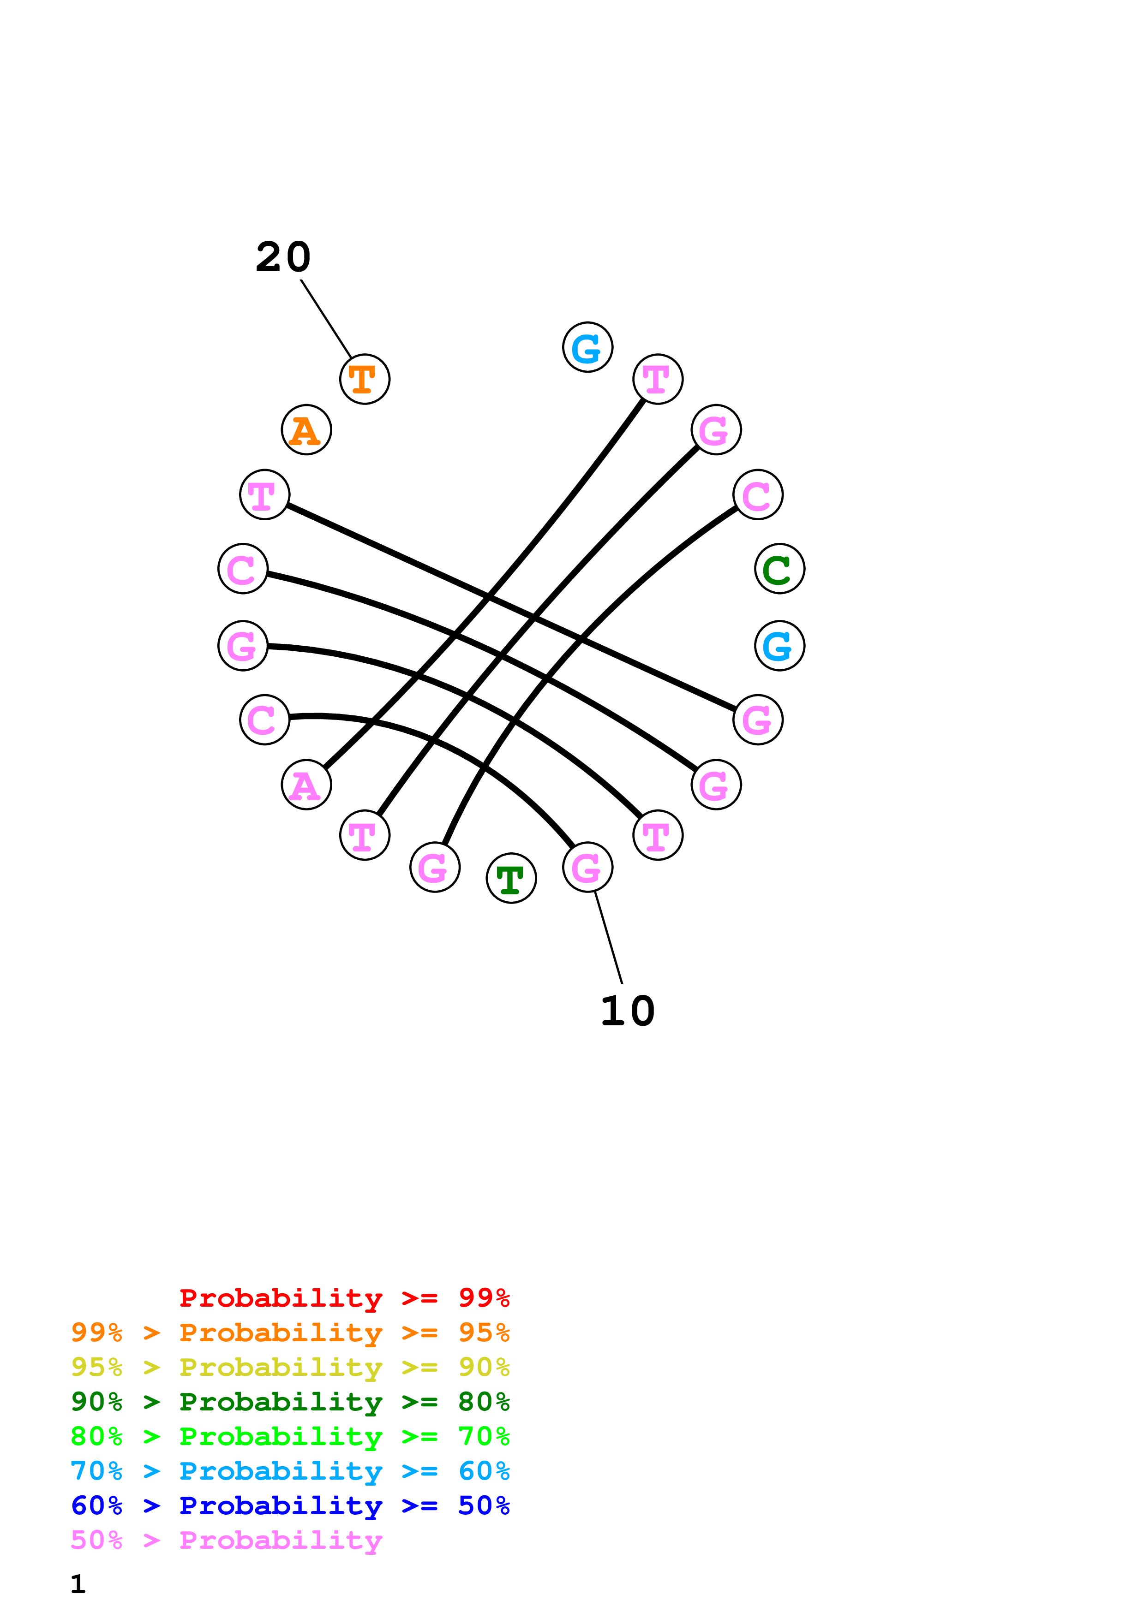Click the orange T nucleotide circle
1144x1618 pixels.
click(365, 379)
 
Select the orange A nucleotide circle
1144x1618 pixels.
click(306, 430)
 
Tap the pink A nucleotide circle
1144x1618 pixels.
click(306, 785)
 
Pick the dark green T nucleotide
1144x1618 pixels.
click(511, 878)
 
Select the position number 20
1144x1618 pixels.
click(282, 257)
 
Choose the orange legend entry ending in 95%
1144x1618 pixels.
click(290, 1332)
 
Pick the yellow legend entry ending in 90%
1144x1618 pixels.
click(290, 1367)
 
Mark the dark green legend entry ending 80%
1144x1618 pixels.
click(290, 1402)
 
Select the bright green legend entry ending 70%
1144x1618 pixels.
click(290, 1436)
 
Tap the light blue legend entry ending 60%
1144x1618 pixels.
click(290, 1471)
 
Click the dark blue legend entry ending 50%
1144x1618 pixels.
click(290, 1505)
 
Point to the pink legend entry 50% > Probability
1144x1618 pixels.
click(226, 1540)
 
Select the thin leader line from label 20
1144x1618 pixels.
click(326, 319)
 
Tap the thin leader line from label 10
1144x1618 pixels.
click(608, 937)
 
